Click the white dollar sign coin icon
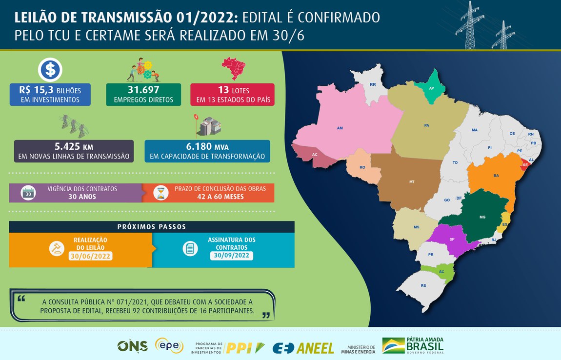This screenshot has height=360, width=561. pyautogui.click(x=50, y=70)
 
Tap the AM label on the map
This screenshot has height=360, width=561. pyautogui.click(x=340, y=128)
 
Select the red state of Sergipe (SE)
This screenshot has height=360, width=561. pyautogui.click(x=525, y=165)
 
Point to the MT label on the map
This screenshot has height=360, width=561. pyautogui.click(x=412, y=181)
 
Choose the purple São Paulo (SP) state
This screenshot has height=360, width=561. pyautogui.click(x=452, y=240)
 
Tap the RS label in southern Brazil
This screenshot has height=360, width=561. pyautogui.click(x=423, y=286)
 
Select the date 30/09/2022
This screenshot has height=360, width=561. pyautogui.click(x=232, y=255)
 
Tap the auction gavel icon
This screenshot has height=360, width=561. pyautogui.click(x=57, y=248)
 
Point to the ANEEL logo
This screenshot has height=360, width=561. pyautogui.click(x=303, y=347)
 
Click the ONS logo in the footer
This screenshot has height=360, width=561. pyautogui.click(x=132, y=346)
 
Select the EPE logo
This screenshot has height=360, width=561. pyautogui.click(x=169, y=346)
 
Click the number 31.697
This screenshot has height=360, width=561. pyautogui.click(x=143, y=90)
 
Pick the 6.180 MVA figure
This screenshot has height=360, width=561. pyautogui.click(x=207, y=147)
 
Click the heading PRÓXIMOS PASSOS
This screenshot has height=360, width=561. pyautogui.click(x=152, y=227)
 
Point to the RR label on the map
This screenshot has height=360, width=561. pyautogui.click(x=373, y=84)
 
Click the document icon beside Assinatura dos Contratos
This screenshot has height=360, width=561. pyautogui.click(x=190, y=248)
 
